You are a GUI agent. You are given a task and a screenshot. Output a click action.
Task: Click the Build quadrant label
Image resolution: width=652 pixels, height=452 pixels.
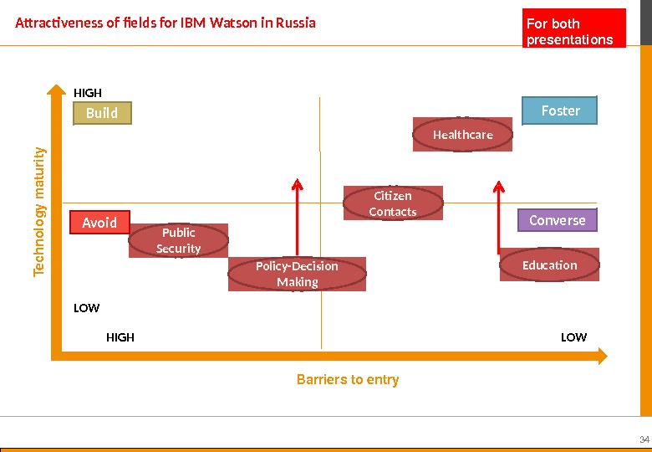pos(102,113)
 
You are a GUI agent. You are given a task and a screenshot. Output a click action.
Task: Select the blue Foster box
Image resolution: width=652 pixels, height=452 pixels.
pos(560,110)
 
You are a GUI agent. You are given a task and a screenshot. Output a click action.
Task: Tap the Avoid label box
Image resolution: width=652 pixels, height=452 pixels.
pos(99,223)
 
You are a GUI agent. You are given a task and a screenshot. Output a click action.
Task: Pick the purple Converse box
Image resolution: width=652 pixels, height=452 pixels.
pos(558,220)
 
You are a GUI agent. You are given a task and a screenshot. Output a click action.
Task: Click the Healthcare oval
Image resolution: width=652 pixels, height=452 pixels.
pos(463,135)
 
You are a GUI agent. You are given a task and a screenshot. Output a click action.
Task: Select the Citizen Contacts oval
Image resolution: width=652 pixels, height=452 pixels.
pos(393,203)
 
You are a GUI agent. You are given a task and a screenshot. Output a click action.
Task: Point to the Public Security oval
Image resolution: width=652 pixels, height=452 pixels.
pos(179,241)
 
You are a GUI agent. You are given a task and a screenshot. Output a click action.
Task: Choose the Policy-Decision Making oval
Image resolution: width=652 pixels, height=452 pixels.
pos(297,274)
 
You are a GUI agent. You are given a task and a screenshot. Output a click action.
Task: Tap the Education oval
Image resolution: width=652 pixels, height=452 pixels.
pos(550,265)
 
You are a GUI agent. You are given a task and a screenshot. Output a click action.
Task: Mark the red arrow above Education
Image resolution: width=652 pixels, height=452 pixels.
pos(499,213)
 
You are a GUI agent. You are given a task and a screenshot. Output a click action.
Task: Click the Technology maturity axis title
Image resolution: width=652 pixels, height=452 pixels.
pos(39,213)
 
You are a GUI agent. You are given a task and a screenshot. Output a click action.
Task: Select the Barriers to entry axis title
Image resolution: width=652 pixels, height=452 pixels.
pos(348,380)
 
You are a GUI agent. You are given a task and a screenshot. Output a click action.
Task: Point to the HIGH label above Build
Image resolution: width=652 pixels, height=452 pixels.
pos(88,93)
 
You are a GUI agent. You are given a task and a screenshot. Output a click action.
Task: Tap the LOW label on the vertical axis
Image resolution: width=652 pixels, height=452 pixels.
pos(87,308)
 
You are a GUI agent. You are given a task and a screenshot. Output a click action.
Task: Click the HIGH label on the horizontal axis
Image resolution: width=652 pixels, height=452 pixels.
pos(120,337)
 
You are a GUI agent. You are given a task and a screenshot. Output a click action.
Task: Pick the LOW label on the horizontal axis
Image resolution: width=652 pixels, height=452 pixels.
pos(573,337)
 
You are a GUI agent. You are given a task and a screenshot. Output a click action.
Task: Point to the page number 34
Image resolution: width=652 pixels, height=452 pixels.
pos(644,440)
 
